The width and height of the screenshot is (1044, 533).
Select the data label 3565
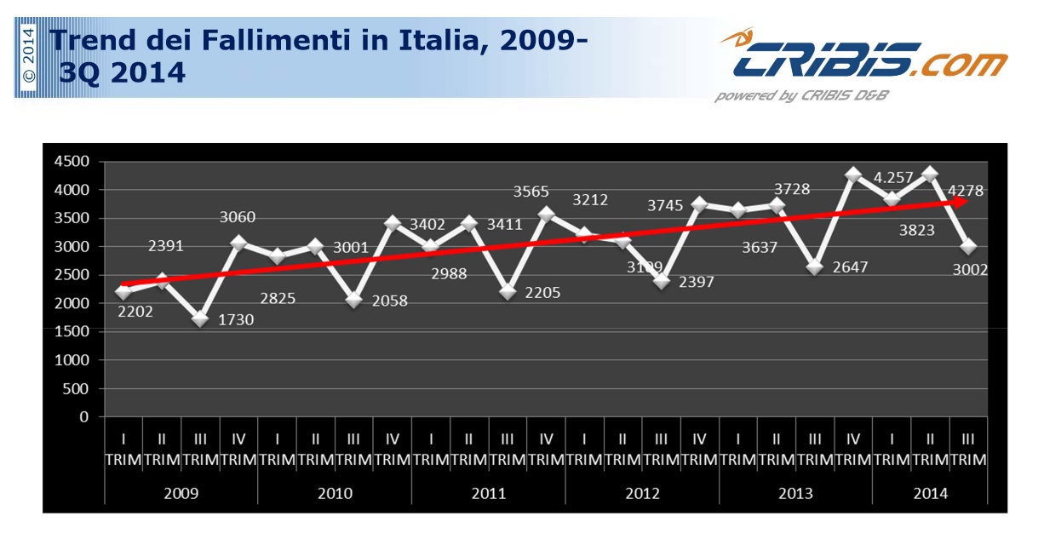(531, 192)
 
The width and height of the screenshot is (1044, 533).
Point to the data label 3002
(967, 270)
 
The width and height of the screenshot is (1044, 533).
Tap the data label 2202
(136, 312)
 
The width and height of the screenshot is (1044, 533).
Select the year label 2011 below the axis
(488, 493)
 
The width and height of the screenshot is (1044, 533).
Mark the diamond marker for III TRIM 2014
(968, 247)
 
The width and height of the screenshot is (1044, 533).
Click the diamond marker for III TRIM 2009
(200, 318)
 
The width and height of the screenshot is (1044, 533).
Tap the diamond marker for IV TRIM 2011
(546, 215)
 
